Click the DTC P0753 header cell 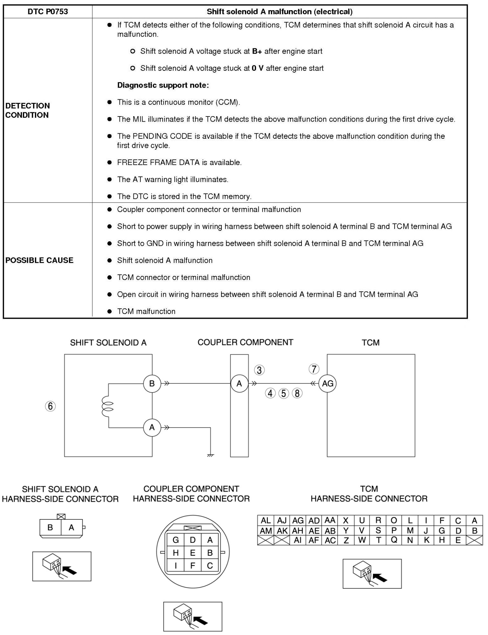[x=48, y=12]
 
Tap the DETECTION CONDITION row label [x=28, y=110]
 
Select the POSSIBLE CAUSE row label [x=39, y=260]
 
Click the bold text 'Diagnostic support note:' [x=163, y=85]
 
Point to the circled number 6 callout [x=50, y=406]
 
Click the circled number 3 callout [x=259, y=370]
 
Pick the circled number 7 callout [x=314, y=369]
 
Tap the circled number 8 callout [x=297, y=393]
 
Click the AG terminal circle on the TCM [x=328, y=384]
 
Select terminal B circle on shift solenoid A [x=152, y=384]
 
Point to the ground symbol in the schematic [x=210, y=455]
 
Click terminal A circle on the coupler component [x=239, y=384]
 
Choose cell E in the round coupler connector [x=193, y=553]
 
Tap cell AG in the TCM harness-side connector [x=298, y=521]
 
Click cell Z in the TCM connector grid [x=346, y=540]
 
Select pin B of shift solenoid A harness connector [x=50, y=527]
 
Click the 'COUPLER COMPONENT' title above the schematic [x=245, y=342]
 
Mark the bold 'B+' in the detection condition [x=257, y=51]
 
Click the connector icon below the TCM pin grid [x=372, y=573]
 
